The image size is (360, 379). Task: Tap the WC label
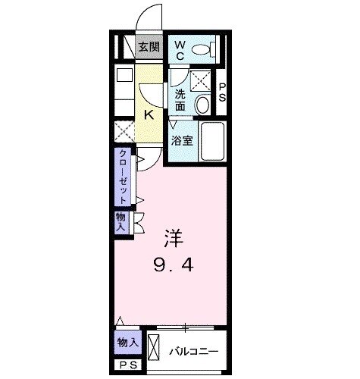pos(180,51)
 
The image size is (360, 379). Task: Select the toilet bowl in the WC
pos(200,50)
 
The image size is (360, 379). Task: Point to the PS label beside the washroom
pos(223,92)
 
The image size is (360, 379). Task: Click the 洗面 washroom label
pos(180,100)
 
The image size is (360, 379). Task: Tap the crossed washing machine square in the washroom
pos(200,80)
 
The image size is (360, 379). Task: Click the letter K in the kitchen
pos(149,115)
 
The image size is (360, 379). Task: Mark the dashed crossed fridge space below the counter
pos(124,130)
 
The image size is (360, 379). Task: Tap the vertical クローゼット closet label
pos(122,176)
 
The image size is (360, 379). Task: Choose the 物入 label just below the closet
pos(121,221)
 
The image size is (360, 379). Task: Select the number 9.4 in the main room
pos(174,266)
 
